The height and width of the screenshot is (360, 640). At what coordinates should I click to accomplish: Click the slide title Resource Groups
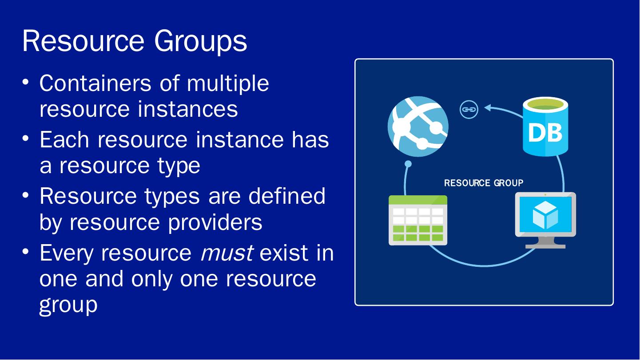click(135, 41)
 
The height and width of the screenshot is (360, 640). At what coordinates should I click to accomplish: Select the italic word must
click(227, 253)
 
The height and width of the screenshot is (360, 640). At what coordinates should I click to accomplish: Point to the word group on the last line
click(68, 305)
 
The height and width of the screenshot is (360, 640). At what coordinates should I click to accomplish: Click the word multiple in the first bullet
click(227, 83)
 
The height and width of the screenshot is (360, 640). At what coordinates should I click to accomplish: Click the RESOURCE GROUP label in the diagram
click(483, 183)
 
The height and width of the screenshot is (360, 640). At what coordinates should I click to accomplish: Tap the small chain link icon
click(469, 109)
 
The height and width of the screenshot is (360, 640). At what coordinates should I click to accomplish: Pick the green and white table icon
click(417, 220)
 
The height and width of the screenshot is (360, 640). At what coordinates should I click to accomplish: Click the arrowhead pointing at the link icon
click(488, 107)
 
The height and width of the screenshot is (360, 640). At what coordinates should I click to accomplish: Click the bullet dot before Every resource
click(28, 252)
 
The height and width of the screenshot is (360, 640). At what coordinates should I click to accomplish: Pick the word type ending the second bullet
click(178, 166)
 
